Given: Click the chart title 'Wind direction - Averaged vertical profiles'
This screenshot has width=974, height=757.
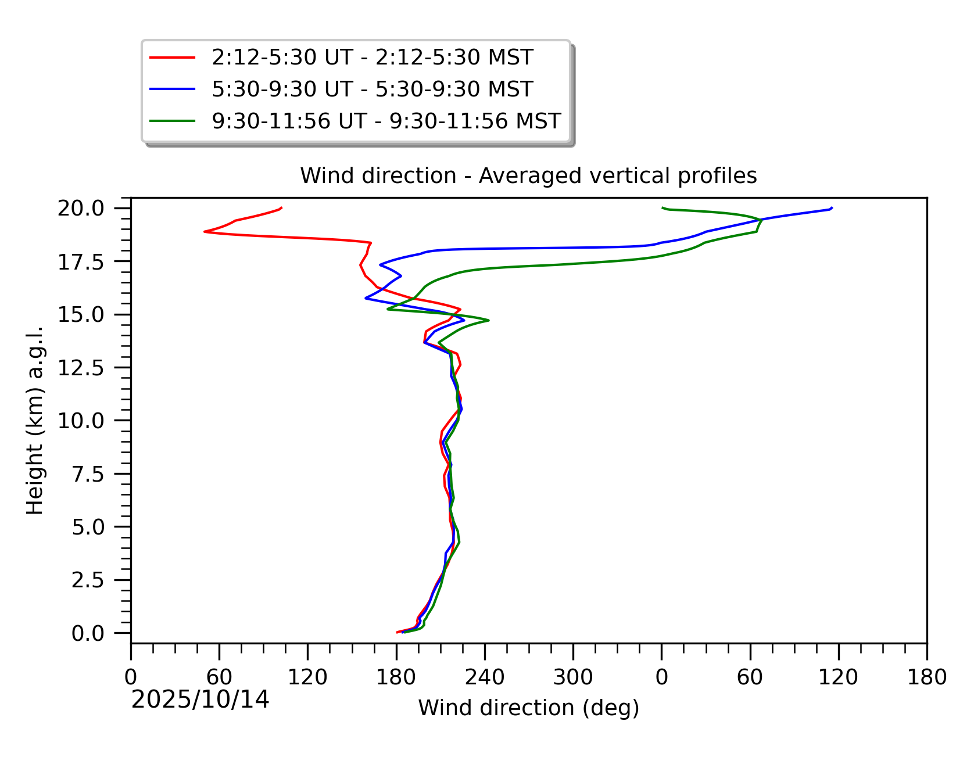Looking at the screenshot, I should point(528,175).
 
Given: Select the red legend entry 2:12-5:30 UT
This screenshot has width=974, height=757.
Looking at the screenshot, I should point(372,58).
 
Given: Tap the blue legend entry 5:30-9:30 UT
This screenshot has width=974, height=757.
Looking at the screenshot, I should point(372,89).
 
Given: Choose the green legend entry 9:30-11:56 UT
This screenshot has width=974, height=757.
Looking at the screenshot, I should point(386,121).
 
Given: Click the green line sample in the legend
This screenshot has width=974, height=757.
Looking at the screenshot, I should point(172,121).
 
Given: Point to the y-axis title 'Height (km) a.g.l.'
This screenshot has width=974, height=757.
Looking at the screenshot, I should point(35,420).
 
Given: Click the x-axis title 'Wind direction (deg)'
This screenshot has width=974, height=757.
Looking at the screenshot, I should point(528,708).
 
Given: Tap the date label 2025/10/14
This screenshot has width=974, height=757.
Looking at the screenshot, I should point(200,699).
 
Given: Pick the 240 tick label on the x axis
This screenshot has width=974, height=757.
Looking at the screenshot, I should point(485,677).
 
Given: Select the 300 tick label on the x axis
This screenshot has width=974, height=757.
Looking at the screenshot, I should point(573,677).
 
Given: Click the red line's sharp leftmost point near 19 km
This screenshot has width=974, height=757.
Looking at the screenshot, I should point(205,231).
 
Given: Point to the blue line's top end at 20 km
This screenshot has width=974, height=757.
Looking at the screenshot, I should point(832,207).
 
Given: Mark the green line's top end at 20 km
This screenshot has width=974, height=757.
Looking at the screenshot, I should point(663,207).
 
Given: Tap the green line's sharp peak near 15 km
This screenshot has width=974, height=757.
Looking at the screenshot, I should point(489,320).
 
